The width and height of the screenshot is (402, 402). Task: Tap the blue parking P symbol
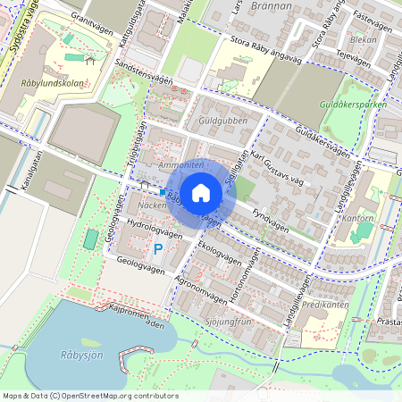point(158,249)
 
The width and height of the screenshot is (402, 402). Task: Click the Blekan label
point(364,39)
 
